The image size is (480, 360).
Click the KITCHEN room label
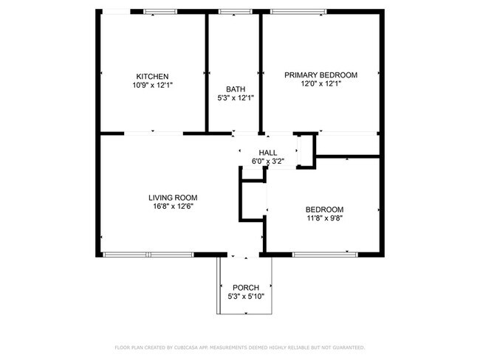152,77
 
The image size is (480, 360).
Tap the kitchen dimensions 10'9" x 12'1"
152,86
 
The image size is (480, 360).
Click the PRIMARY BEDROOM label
321,75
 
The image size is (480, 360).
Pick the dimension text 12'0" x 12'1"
321,84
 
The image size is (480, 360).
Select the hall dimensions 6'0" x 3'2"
268,161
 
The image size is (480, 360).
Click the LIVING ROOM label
173,198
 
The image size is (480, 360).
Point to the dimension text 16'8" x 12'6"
173,207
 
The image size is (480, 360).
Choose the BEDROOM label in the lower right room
325,209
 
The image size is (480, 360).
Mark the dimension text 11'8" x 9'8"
325,218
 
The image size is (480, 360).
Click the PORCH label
245,288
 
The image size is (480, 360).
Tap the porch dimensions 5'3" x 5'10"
245,297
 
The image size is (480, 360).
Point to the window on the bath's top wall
234,12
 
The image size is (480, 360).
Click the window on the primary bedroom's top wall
298,12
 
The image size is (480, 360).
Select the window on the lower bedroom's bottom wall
326,255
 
